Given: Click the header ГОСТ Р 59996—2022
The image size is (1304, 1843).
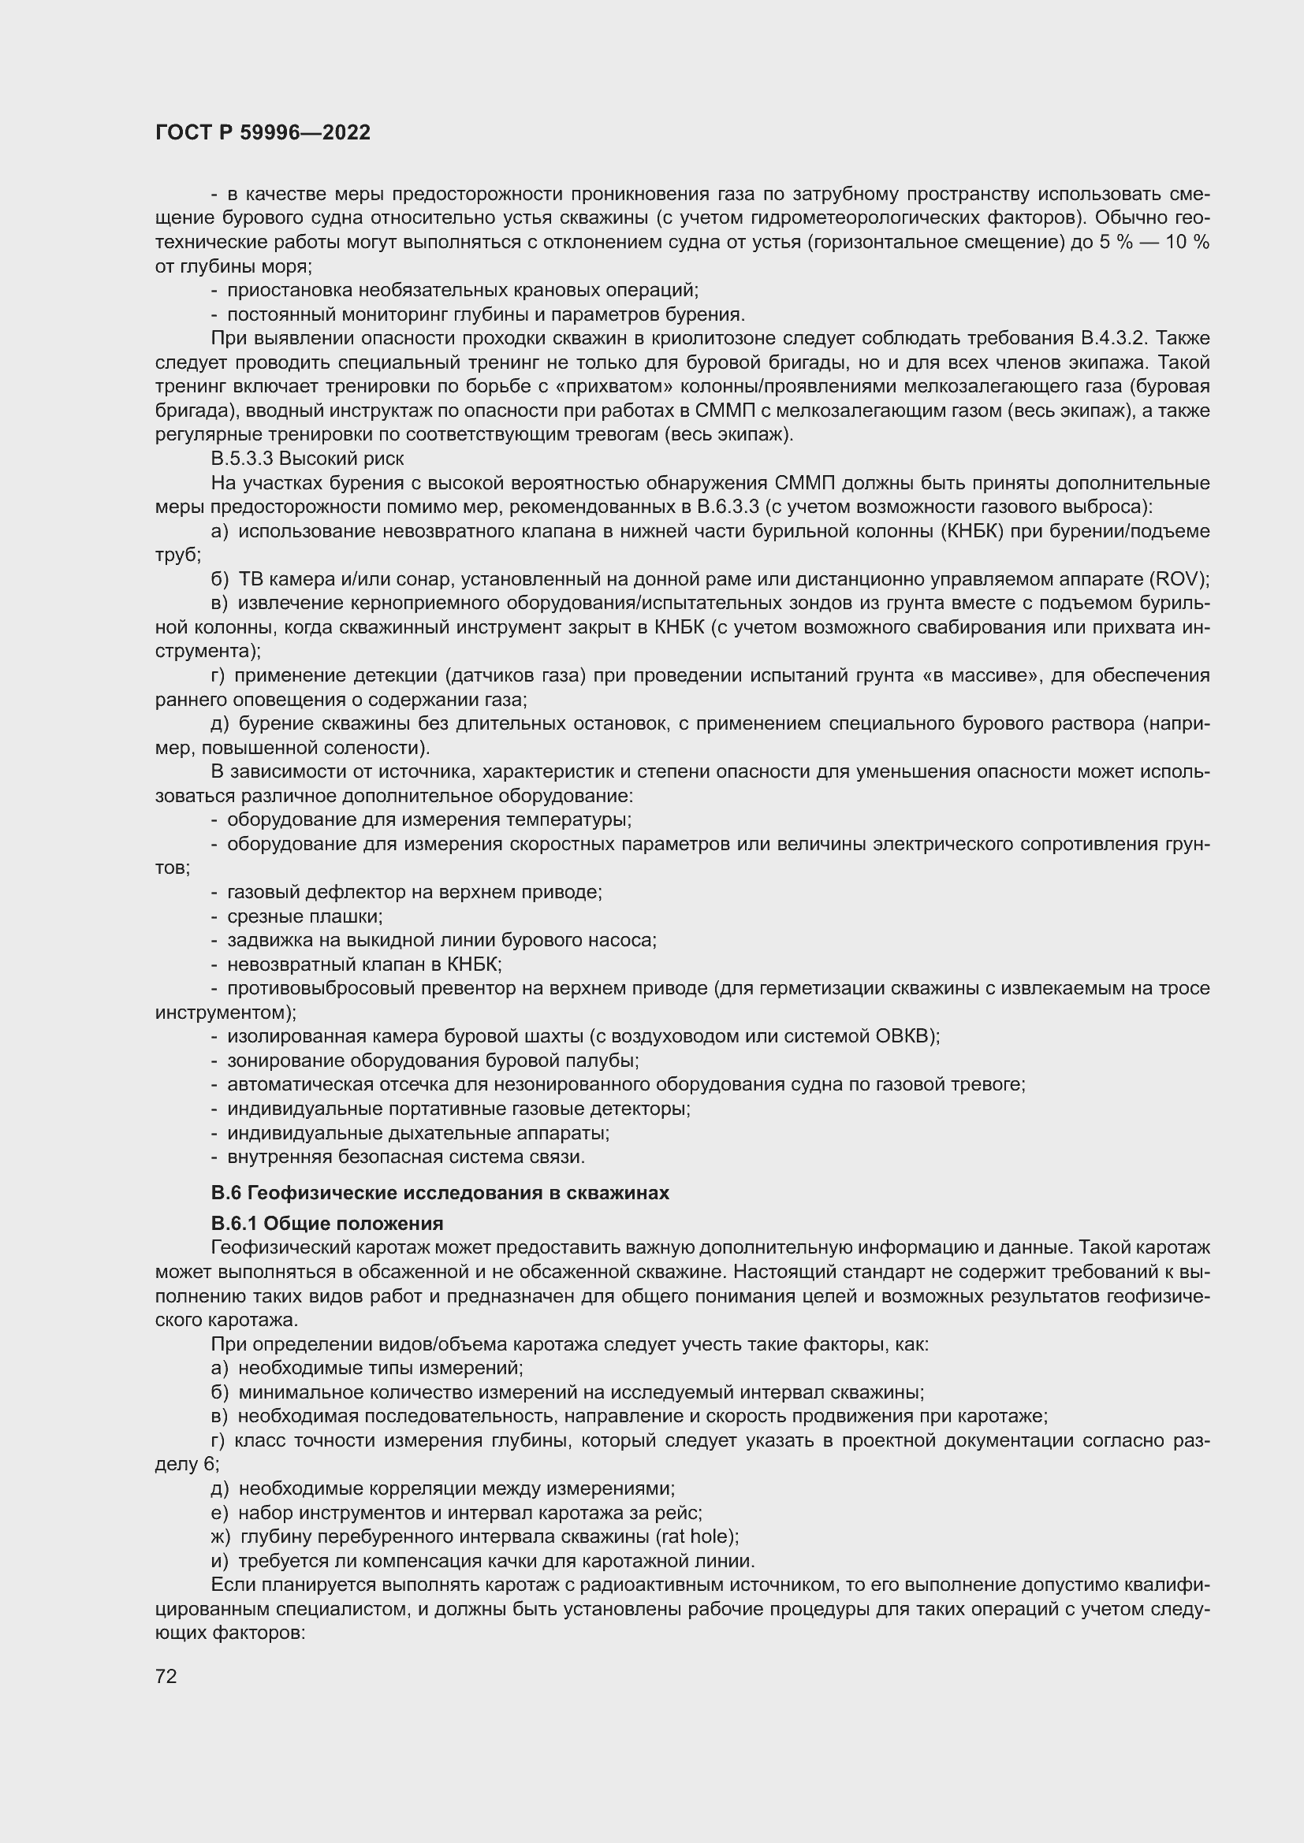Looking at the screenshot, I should (263, 132).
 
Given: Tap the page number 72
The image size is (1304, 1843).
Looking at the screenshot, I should (166, 1676).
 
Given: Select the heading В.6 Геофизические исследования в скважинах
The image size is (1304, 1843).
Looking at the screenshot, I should (439, 1193).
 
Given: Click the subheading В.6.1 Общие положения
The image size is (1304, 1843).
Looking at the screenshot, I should (327, 1224).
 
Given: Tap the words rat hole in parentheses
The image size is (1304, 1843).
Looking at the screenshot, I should (696, 1536).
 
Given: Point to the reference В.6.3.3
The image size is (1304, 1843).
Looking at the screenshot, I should (728, 507).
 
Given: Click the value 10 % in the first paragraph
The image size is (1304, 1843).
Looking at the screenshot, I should (1186, 243).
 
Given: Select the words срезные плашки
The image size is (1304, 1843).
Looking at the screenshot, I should (304, 916).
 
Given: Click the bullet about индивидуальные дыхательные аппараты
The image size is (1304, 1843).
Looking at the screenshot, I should (418, 1133).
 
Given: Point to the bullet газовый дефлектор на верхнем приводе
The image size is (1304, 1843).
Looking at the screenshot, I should (414, 892).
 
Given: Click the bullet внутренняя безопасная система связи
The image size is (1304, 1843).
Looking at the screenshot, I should (405, 1157).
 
